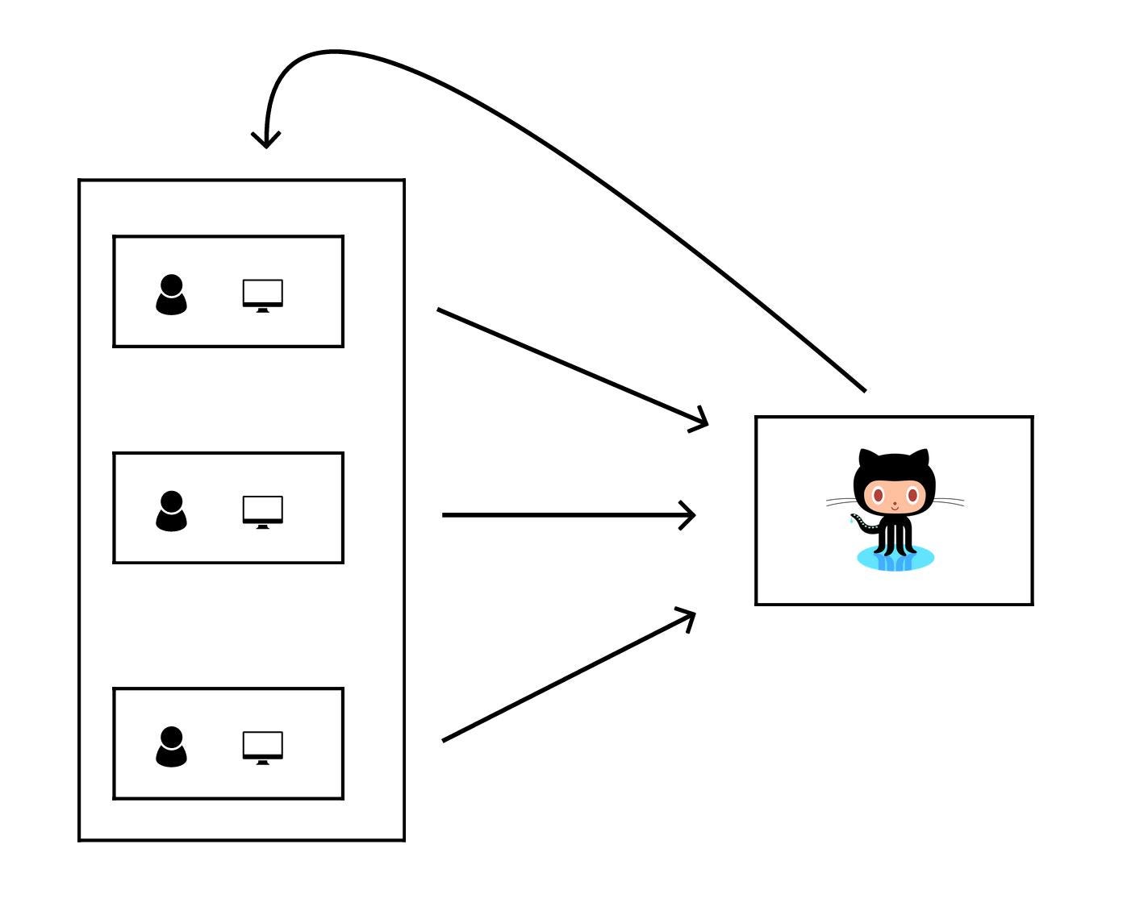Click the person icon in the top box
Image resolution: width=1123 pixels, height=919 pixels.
click(171, 295)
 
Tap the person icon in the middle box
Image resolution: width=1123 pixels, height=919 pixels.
click(171, 511)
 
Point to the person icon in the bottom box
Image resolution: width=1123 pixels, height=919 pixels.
click(171, 747)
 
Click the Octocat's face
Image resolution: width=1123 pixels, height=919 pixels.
click(894, 497)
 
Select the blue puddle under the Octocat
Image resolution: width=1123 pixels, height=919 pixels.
click(895, 559)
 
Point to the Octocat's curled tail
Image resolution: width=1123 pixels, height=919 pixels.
click(862, 526)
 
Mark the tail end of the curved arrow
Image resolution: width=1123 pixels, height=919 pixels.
click(864, 390)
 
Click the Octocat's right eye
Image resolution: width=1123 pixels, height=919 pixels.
click(912, 496)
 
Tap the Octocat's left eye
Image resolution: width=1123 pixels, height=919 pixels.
click(878, 496)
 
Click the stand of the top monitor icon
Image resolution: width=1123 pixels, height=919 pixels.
click(263, 310)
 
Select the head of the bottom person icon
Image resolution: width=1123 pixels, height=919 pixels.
click(171, 737)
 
